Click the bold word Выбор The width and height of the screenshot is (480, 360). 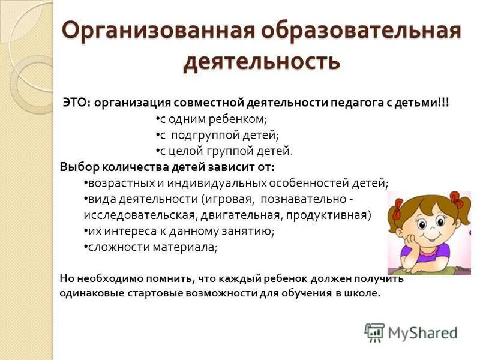(x=77, y=167)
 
